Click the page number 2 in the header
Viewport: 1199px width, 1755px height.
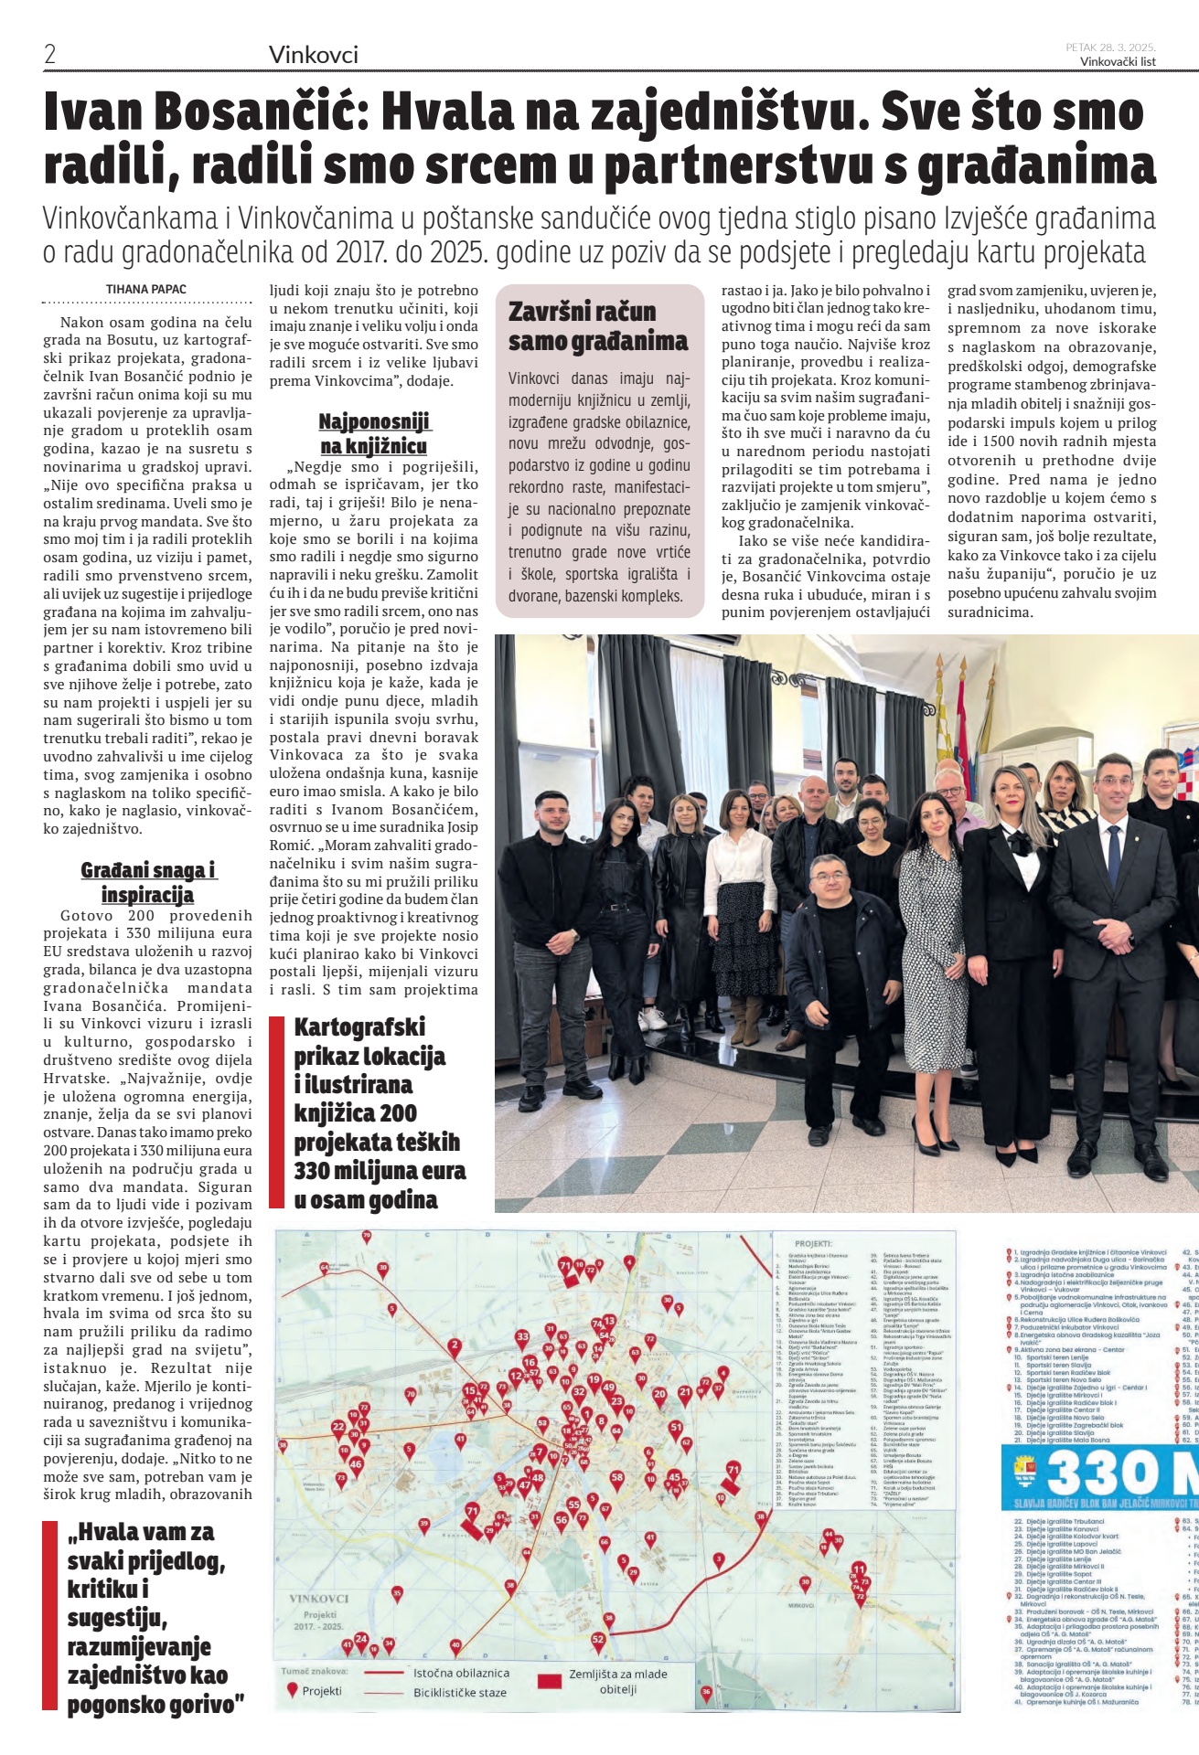click(x=50, y=54)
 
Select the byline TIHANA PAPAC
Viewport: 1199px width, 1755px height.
click(x=146, y=290)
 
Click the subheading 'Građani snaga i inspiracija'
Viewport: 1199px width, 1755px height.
click(x=147, y=882)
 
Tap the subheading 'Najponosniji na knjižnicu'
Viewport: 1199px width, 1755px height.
click(x=374, y=434)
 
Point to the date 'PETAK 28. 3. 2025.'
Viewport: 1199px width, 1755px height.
click(x=1110, y=48)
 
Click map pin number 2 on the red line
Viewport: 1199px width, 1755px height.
click(x=455, y=1345)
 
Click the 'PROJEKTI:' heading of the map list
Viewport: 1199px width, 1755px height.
click(x=813, y=1244)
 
